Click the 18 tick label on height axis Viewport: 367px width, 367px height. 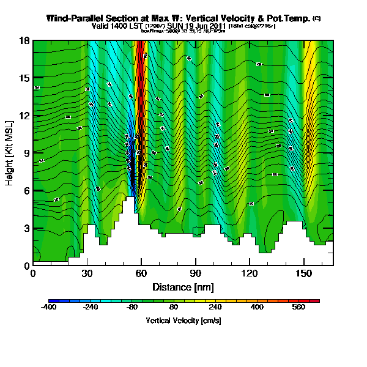[x=25, y=40]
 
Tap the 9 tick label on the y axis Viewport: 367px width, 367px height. [x=26, y=153]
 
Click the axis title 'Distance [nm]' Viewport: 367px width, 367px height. [x=183, y=286]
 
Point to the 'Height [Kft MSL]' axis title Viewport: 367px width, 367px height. [x=10, y=153]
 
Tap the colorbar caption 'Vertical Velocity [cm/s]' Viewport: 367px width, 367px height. [x=183, y=321]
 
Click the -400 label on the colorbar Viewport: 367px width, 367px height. [x=48, y=308]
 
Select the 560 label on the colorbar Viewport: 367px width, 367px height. [x=298, y=308]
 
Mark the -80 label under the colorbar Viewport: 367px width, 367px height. [x=132, y=308]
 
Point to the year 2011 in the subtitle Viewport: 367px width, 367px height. [x=218, y=26]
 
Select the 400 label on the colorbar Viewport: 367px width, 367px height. [x=256, y=308]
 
